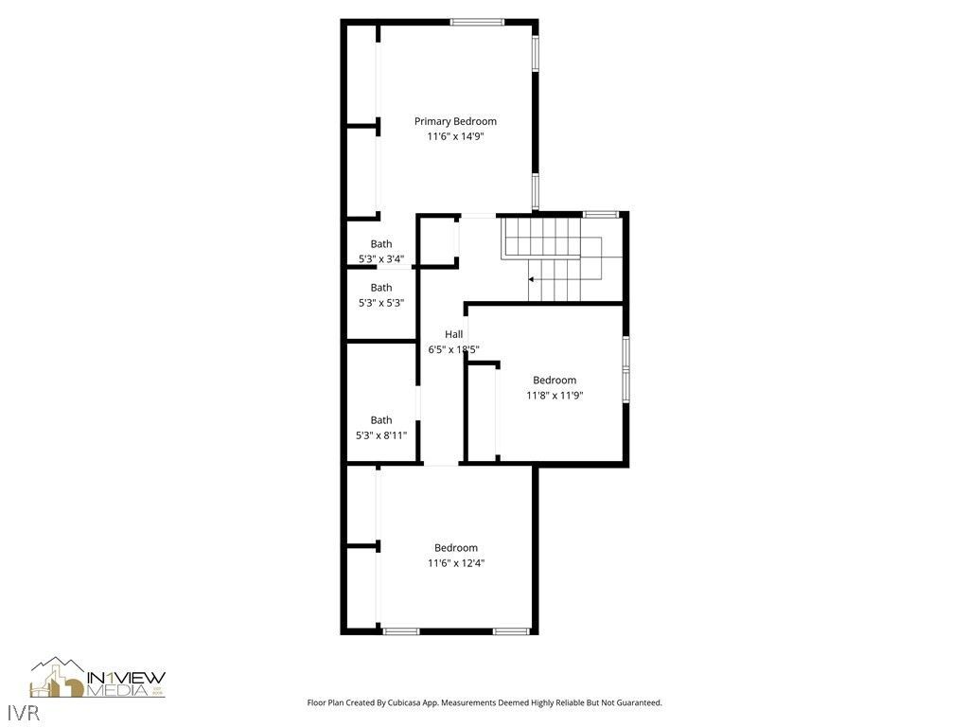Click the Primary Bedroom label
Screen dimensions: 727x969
pyautogui.click(x=455, y=121)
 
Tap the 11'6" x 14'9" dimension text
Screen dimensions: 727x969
pyautogui.click(x=455, y=136)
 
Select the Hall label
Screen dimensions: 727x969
pyautogui.click(x=454, y=334)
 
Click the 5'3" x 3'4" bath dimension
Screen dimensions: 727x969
pyautogui.click(x=381, y=258)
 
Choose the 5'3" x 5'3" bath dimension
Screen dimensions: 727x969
pyautogui.click(x=381, y=303)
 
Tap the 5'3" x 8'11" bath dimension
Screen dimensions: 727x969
pyautogui.click(x=381, y=435)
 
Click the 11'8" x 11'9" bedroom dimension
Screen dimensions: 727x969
pyautogui.click(x=555, y=396)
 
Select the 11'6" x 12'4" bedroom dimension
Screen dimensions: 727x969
pyautogui.click(x=455, y=563)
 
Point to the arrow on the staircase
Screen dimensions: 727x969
pyautogui.click(x=532, y=279)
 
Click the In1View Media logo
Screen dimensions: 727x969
pyautogui.click(x=97, y=678)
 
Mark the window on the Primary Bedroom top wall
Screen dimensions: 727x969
pyautogui.click(x=477, y=22)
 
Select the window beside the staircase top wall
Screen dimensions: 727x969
pyautogui.click(x=601, y=214)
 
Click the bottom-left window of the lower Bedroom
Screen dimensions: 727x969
pyautogui.click(x=401, y=630)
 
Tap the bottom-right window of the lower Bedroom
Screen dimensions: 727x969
pyautogui.click(x=511, y=630)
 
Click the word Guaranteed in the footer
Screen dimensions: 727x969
pyautogui.click(x=637, y=703)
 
